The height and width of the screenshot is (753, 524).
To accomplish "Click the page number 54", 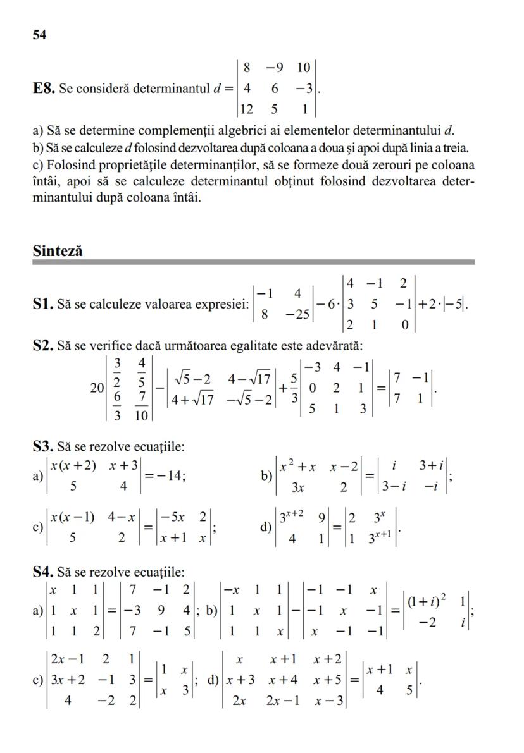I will [x=39, y=35].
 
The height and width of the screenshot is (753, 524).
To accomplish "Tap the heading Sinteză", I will [x=58, y=250].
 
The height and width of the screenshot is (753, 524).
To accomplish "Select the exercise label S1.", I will [x=43, y=304].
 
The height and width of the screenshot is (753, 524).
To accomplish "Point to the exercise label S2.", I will [x=43, y=346].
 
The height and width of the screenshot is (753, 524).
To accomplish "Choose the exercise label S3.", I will [x=43, y=447].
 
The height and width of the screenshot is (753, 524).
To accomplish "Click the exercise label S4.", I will [x=43, y=573].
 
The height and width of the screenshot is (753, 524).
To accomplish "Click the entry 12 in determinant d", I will [x=246, y=109].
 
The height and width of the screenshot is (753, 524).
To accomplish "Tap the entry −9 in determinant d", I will [x=274, y=67].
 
